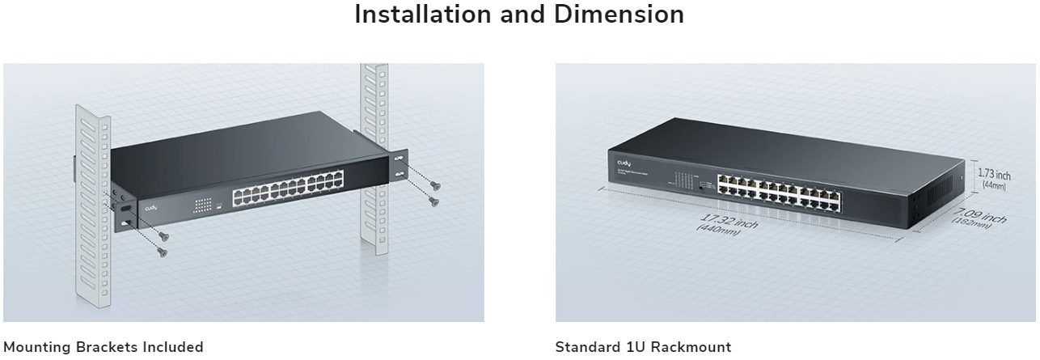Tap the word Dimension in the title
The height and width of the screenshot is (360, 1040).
tap(620, 14)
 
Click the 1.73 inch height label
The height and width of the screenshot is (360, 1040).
tap(994, 174)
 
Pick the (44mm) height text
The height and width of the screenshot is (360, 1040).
tap(993, 186)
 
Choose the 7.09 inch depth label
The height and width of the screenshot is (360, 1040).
tap(980, 215)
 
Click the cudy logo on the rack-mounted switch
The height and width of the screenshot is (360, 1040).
tap(151, 208)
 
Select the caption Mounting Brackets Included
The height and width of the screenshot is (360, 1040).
tap(104, 347)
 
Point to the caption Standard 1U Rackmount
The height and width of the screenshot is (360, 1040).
tap(643, 347)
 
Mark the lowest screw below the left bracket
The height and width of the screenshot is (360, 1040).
tap(162, 253)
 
